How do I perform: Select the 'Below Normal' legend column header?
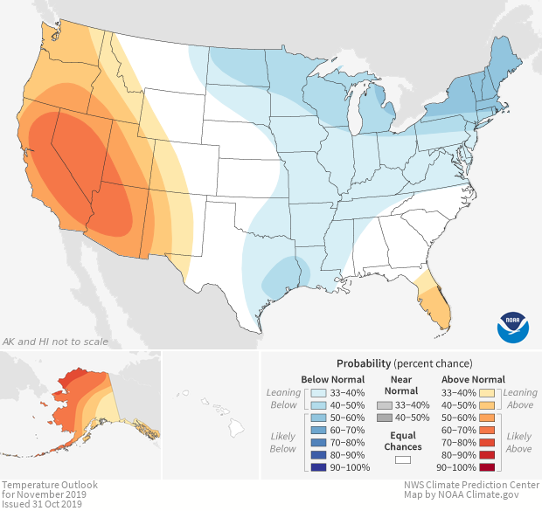(x=333, y=379)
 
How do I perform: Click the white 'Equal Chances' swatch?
(x=402, y=459)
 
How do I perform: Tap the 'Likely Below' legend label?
(x=283, y=442)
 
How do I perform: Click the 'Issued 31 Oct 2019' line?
(x=42, y=504)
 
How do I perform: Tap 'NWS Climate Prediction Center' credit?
(x=472, y=485)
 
